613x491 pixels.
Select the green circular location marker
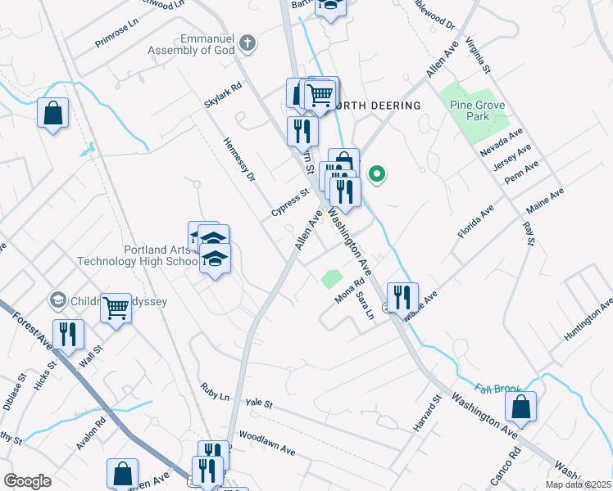377,173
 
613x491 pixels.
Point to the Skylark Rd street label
223,96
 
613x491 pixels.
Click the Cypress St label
290,204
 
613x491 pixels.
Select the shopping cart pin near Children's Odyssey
116,308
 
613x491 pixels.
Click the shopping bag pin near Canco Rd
520,406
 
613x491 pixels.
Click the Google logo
27,481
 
